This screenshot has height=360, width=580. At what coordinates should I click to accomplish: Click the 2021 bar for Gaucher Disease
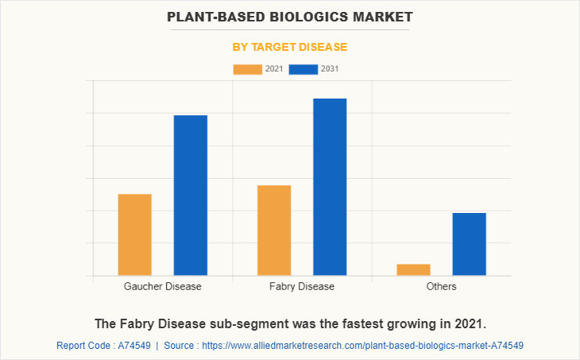[x=134, y=234]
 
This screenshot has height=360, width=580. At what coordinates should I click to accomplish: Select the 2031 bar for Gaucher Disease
[x=191, y=195]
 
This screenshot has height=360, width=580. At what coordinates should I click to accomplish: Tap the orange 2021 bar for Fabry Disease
[x=274, y=230]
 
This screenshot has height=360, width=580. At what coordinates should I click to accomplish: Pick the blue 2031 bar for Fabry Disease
[x=330, y=187]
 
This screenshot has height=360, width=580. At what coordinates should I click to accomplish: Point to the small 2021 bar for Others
[x=413, y=269]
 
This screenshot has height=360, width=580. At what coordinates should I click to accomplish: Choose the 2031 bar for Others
[x=469, y=244]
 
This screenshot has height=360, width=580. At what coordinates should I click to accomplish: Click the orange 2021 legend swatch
[x=247, y=69]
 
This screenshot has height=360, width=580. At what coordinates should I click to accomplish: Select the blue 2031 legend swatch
[x=303, y=69]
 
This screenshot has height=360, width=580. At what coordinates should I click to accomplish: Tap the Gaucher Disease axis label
[x=163, y=286]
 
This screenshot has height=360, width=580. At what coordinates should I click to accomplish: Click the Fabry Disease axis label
[x=302, y=286]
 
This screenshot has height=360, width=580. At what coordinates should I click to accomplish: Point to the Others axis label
[x=441, y=286]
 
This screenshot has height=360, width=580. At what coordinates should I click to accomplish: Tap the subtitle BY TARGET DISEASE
[x=290, y=47]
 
